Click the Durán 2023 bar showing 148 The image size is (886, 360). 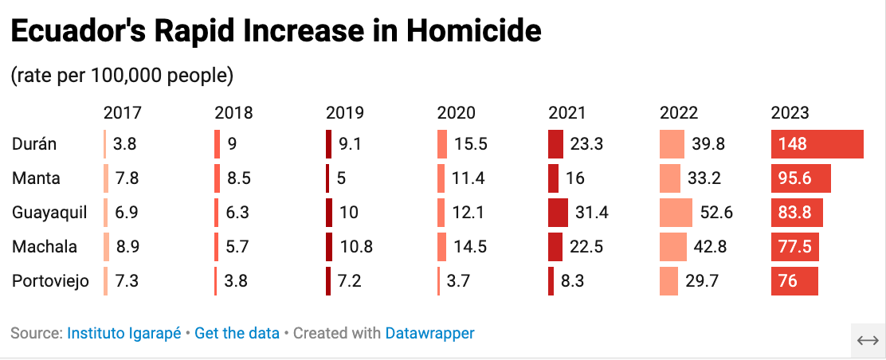coord(817,144)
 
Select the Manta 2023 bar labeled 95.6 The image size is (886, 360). coord(801,178)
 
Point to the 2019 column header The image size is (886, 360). coord(345,113)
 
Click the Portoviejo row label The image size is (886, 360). coord(50,281)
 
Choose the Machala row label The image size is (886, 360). coord(45,247)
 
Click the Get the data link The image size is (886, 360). coord(237,333)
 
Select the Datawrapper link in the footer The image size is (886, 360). coord(429,333)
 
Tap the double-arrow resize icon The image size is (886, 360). coord(867,340)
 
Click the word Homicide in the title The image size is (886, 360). coord(473,32)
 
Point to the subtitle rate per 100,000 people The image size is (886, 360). coord(122,76)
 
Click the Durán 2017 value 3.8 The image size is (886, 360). coord(126,144)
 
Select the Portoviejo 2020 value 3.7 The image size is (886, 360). coord(459,281)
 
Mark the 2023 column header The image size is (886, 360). coord(790,113)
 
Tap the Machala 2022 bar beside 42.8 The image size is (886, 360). coord(673,247)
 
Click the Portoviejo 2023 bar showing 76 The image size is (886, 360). coord(794,281)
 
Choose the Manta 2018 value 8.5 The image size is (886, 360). coord(238,178)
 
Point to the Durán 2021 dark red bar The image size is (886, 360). coord(555,144)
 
